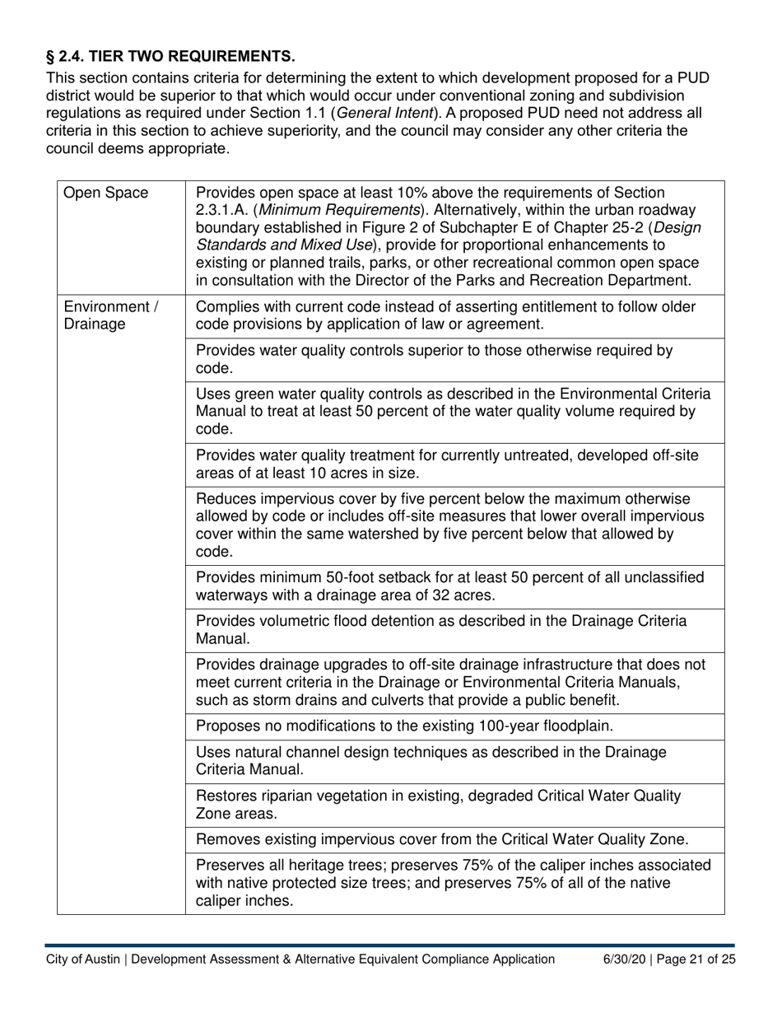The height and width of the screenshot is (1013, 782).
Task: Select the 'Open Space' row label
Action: pos(106,194)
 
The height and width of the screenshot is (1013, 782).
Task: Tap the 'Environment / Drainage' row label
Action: pos(110,315)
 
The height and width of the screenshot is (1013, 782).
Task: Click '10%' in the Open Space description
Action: pos(406,194)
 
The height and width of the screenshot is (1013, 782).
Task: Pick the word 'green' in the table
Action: pos(250,393)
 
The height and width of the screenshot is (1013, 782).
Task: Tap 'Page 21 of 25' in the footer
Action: pos(698,959)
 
